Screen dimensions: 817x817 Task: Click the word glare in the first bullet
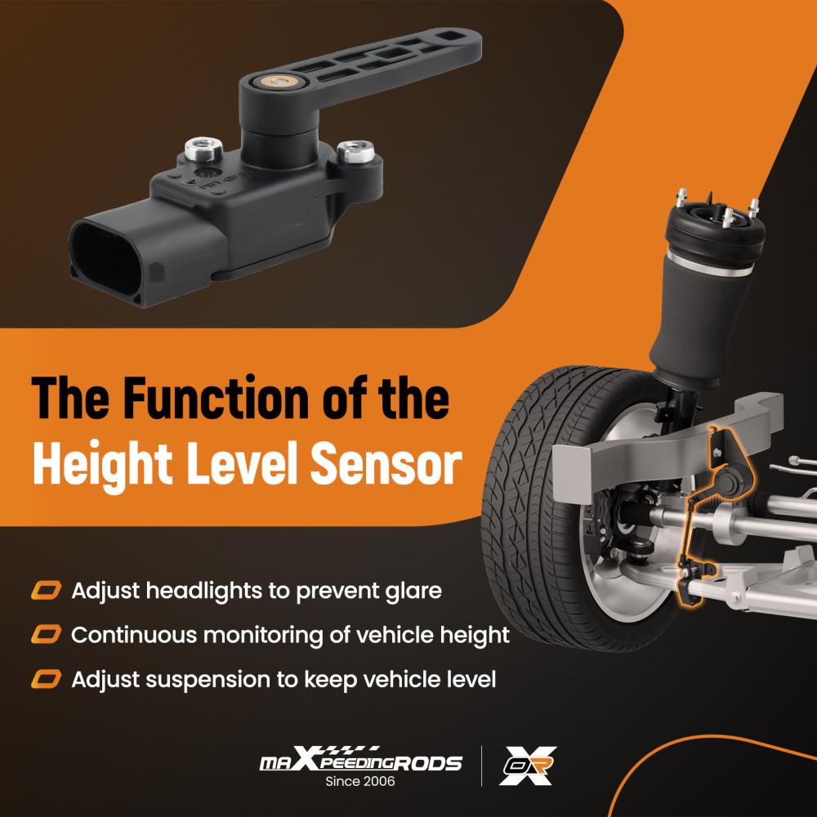[410, 590]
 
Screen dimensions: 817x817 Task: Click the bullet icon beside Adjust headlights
[47, 590]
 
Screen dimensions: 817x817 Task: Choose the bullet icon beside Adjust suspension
[47, 679]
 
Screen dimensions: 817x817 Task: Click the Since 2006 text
[360, 782]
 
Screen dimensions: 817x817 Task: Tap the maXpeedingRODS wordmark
[360, 762]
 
